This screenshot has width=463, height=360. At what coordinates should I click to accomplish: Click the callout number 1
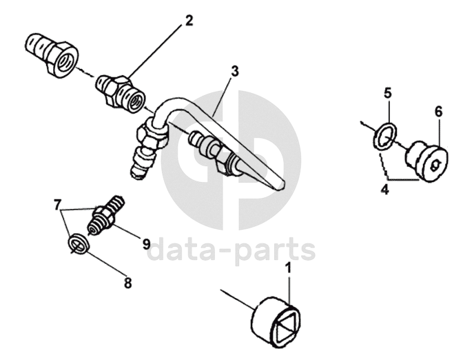pyautogui.click(x=289, y=266)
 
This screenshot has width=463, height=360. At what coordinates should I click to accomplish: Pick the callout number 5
pyautogui.click(x=388, y=92)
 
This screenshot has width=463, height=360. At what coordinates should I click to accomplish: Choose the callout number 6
pyautogui.click(x=438, y=111)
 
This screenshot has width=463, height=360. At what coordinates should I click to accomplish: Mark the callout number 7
pyautogui.click(x=59, y=206)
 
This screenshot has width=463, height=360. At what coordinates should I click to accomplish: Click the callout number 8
pyautogui.click(x=127, y=281)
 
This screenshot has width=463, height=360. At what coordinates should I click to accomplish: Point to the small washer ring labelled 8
pyautogui.click(x=79, y=243)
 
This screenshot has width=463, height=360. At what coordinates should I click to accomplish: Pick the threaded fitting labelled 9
pyautogui.click(x=105, y=214)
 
